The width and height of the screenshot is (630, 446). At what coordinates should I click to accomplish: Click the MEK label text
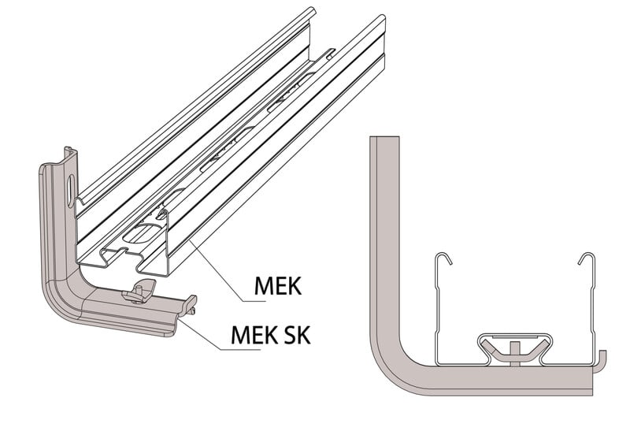276,285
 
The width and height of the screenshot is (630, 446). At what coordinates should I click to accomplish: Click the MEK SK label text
270,335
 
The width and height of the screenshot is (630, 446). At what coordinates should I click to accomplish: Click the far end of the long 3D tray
346,32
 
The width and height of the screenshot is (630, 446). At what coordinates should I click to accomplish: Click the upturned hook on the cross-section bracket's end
602,357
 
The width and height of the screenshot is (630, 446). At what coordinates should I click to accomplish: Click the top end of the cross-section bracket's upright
385,140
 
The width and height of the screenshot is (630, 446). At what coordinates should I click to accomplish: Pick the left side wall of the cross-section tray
435,315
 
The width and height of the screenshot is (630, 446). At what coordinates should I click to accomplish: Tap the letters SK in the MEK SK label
295,335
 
